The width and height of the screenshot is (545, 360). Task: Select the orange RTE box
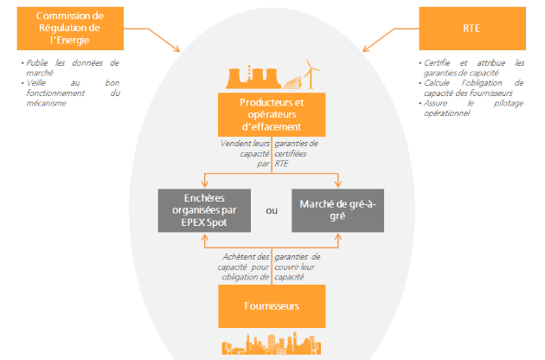471,29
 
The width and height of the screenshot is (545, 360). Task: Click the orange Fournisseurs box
272,307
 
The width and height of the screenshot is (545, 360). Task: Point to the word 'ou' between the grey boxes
272,209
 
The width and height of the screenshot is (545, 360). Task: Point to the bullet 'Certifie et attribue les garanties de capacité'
472,67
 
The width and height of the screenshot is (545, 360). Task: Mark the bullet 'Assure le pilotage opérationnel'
472,106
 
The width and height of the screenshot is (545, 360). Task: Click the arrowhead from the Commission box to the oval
177,49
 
